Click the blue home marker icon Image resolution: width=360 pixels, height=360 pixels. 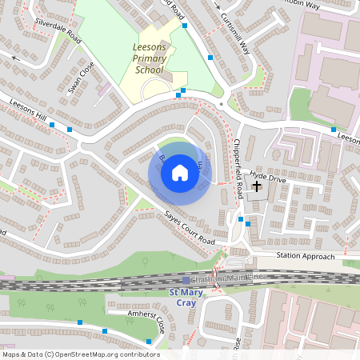click(x=180, y=173)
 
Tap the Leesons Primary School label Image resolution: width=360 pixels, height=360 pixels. click(x=149, y=58)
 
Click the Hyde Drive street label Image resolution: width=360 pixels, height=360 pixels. click(x=267, y=176)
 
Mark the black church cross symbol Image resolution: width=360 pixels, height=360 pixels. click(x=256, y=186)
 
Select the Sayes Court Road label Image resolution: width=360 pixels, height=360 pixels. click(x=190, y=229)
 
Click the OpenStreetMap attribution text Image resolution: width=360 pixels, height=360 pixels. click(x=81, y=354)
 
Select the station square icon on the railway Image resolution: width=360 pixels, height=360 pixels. click(x=186, y=280)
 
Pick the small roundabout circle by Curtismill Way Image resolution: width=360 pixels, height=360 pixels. click(x=232, y=102)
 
